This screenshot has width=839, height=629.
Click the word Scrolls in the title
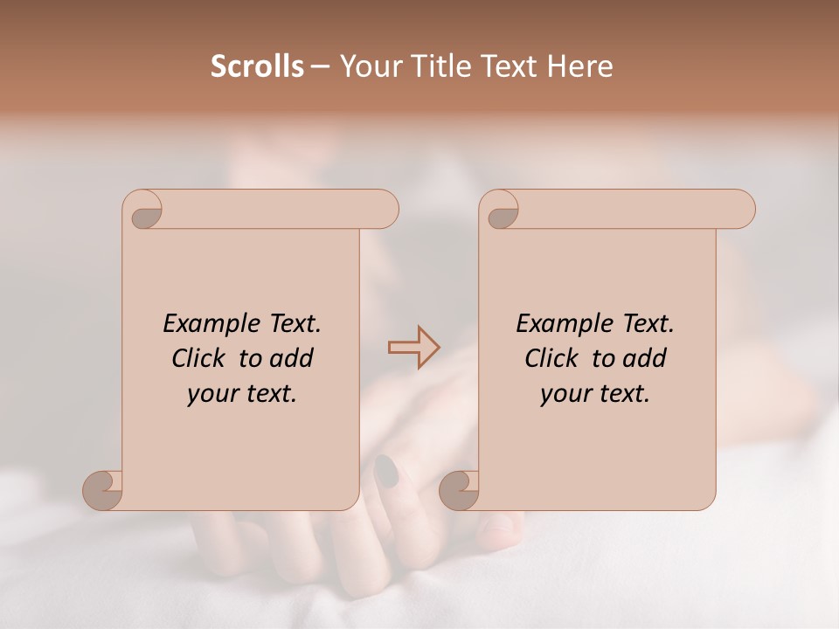pyautogui.click(x=257, y=66)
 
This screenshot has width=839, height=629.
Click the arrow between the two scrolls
pyautogui.click(x=413, y=347)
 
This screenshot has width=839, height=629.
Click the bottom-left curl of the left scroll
pyautogui.click(x=103, y=490)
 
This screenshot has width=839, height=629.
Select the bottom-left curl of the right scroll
pyautogui.click(x=459, y=490)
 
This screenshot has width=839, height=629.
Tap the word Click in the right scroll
pyautogui.click(x=552, y=358)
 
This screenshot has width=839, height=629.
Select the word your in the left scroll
pyautogui.click(x=209, y=395)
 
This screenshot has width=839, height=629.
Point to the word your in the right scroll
pyautogui.click(x=562, y=395)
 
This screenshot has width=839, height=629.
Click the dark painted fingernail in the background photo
pyautogui.click(x=385, y=471)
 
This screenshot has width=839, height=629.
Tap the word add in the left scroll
pyautogui.click(x=292, y=358)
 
